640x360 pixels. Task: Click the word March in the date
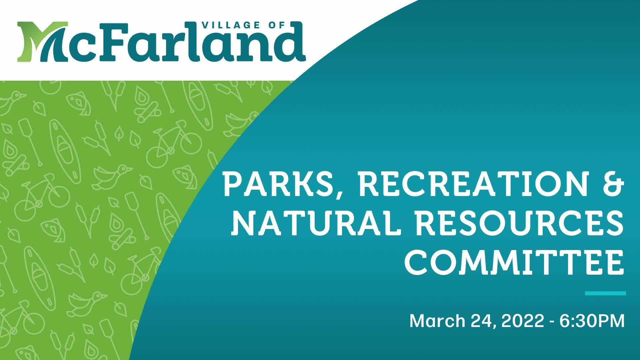(x=437, y=321)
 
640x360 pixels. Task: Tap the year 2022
(x=523, y=321)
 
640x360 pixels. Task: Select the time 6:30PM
(x=592, y=321)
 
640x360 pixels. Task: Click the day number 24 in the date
(x=480, y=321)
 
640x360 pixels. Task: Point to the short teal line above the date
(x=605, y=293)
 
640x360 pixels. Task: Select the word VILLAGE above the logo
(x=231, y=25)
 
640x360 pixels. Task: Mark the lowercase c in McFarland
(x=78, y=48)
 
